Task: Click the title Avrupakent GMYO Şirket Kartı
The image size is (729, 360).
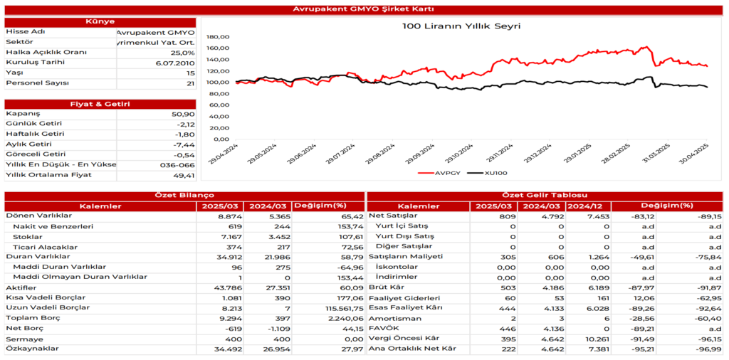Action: [x=364, y=9]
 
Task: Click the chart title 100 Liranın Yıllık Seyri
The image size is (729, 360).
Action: [x=461, y=26]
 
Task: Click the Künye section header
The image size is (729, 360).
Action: [x=100, y=22]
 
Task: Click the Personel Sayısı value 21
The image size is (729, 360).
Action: [x=189, y=83]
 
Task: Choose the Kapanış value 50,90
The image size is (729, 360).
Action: [x=183, y=114]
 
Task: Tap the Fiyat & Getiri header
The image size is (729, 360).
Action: [x=100, y=104]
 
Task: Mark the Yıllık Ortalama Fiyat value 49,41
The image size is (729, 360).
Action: [x=183, y=174]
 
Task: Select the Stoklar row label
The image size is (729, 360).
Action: [x=28, y=235]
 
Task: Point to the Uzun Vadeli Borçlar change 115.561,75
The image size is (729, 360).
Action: [x=338, y=308]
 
